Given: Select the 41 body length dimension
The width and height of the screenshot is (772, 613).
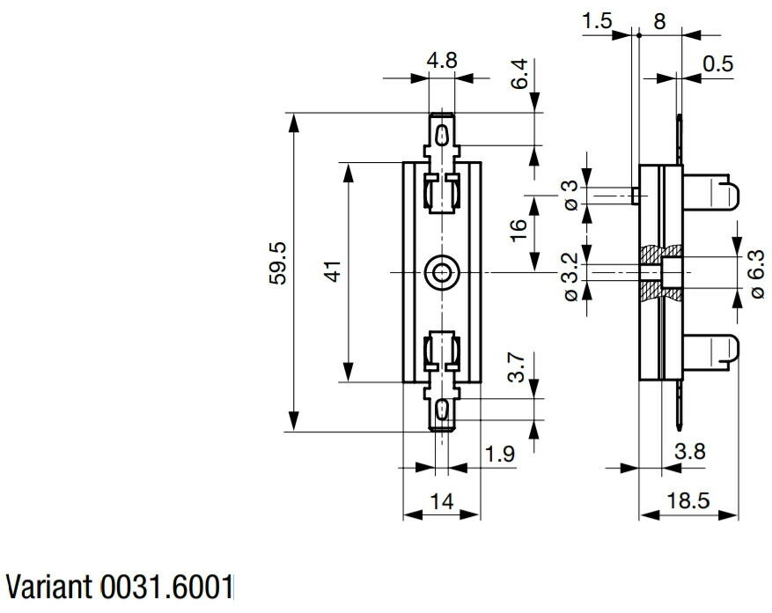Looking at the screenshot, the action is click(x=335, y=271).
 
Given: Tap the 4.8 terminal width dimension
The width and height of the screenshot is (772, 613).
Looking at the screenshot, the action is click(x=442, y=61).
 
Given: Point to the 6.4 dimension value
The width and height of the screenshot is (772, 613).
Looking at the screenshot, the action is click(x=519, y=74).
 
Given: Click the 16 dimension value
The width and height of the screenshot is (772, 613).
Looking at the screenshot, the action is click(x=518, y=231).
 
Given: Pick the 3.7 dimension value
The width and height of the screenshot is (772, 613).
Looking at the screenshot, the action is click(x=517, y=367).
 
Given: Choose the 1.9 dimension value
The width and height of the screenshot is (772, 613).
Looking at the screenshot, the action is click(x=500, y=454).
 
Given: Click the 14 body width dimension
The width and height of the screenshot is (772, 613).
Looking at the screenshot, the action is click(x=442, y=502).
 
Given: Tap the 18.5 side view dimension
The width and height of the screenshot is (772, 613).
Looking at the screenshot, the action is click(x=688, y=500).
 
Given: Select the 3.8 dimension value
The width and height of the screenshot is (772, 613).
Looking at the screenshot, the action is click(x=690, y=451).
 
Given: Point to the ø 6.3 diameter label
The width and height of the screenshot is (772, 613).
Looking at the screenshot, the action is click(x=758, y=274).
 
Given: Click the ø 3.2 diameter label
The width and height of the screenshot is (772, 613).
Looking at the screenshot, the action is click(x=570, y=277).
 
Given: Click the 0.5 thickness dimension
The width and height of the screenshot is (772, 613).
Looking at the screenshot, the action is click(x=717, y=64).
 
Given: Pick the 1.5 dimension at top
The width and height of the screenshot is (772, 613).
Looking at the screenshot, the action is click(x=597, y=21).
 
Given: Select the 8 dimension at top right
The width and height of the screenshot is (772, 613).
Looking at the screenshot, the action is click(x=659, y=21).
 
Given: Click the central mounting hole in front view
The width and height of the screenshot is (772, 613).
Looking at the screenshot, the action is click(x=442, y=272).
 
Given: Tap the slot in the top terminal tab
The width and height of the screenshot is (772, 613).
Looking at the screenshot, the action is click(x=443, y=134).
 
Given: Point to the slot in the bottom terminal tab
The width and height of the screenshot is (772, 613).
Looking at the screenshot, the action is click(x=442, y=410).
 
